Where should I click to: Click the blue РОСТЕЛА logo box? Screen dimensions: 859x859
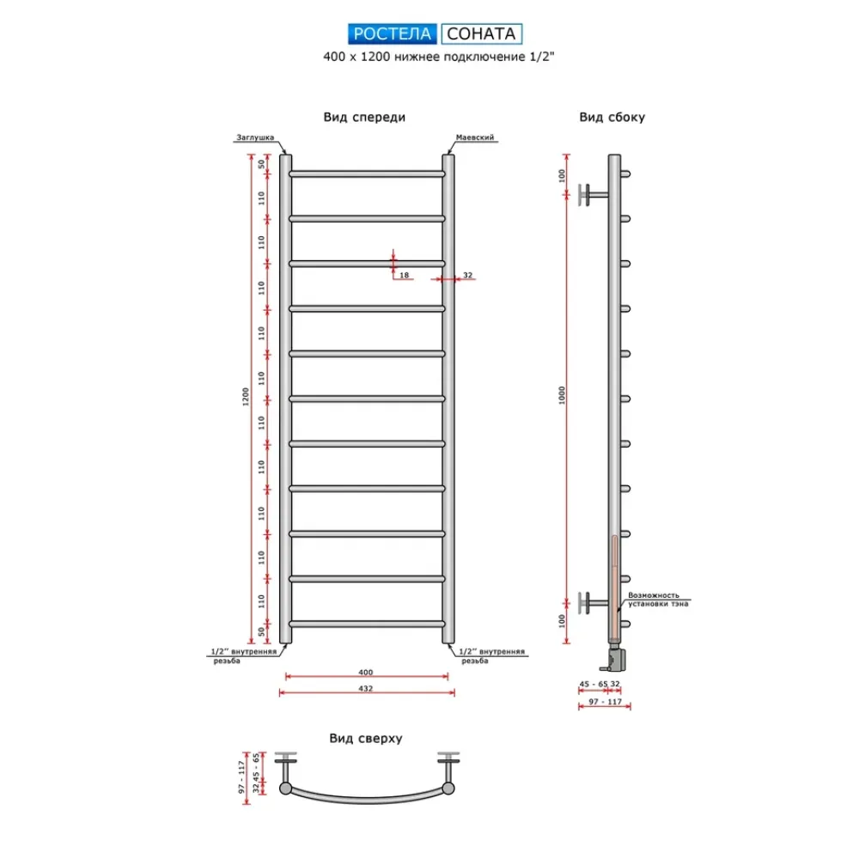[393, 34]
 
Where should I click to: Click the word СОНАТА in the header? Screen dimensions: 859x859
[481, 34]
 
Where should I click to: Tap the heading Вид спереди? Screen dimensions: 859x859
[364, 117]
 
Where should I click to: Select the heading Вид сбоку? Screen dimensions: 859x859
[612, 117]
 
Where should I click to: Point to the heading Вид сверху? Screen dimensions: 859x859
[366, 739]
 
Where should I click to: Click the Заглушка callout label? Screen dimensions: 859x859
[255, 137]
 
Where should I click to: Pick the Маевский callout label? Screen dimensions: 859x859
[475, 137]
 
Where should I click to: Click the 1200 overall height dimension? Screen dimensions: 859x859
[246, 397]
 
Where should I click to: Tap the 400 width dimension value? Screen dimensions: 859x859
[365, 673]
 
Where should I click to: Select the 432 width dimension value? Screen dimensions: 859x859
[365, 689]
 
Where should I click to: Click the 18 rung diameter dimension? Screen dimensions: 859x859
[405, 275]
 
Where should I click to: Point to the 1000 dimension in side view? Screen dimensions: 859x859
[562, 395]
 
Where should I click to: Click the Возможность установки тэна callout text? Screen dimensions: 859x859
[658, 600]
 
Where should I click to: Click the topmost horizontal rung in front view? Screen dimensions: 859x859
[367, 174]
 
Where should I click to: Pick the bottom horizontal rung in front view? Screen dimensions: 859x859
[367, 624]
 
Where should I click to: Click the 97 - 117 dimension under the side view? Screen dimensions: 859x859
[606, 702]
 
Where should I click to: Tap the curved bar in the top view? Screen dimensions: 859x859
[367, 798]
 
